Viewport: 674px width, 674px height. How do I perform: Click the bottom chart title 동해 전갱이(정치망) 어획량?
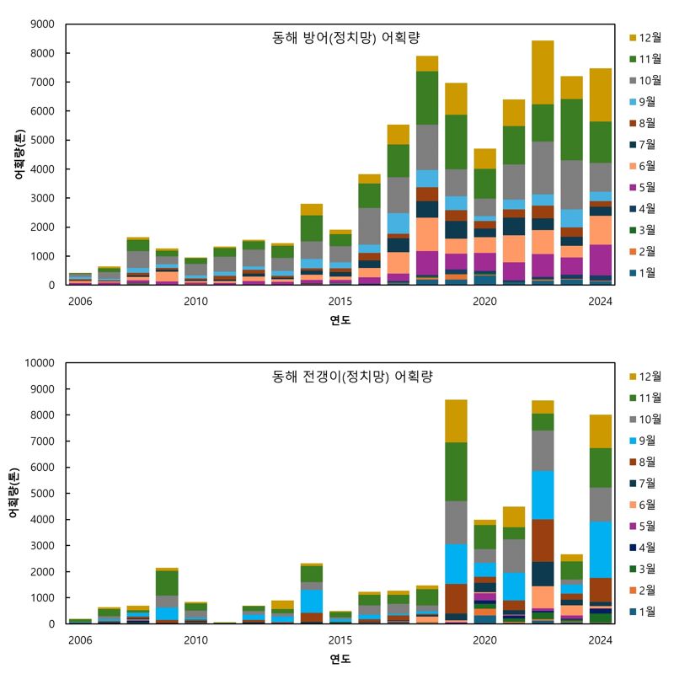point(352,377)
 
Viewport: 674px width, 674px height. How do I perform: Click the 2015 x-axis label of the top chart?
point(340,302)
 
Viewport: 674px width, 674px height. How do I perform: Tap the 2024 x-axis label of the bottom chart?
point(600,640)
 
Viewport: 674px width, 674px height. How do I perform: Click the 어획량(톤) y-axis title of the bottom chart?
point(13,493)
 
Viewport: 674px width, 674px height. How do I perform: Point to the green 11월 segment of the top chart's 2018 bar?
point(427,98)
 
